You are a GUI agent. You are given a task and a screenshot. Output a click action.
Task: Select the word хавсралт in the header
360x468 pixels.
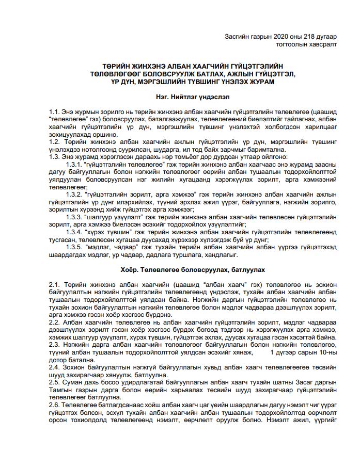(322, 45)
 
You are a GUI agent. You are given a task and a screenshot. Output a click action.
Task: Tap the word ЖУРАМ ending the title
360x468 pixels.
(262, 82)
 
